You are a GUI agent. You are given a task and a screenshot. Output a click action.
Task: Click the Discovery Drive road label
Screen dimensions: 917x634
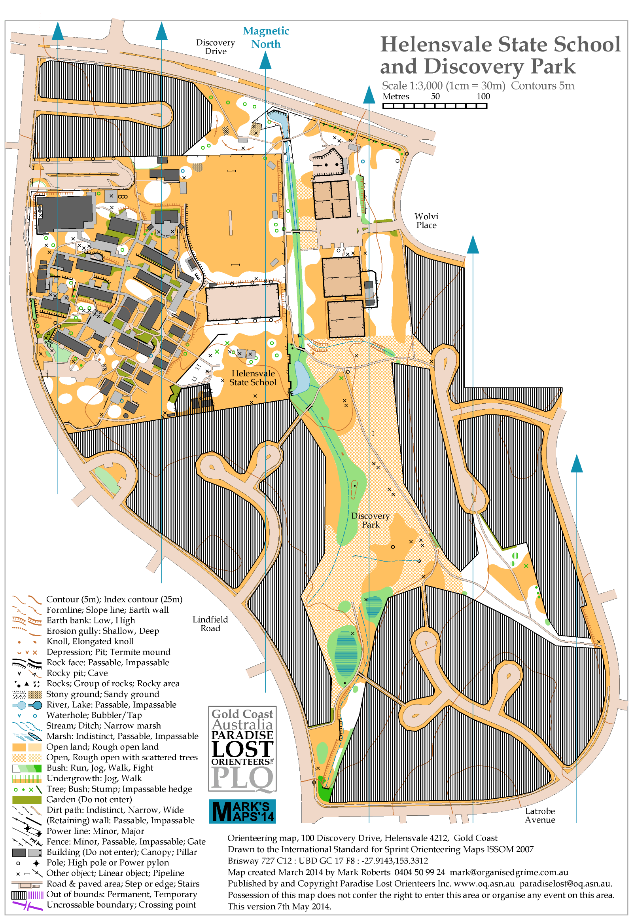click(x=215, y=47)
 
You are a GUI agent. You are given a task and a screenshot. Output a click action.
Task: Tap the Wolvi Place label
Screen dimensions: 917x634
click(x=426, y=220)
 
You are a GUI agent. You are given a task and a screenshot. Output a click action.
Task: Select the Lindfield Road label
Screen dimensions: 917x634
click(x=210, y=624)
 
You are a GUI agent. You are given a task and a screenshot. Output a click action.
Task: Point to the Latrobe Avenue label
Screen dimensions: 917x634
click(x=539, y=815)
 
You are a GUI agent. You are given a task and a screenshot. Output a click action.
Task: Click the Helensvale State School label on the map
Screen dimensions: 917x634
click(x=253, y=378)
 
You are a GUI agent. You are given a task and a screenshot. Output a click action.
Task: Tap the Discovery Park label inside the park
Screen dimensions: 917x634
click(x=370, y=520)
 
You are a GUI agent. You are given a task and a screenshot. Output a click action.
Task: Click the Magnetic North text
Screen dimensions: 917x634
click(x=266, y=37)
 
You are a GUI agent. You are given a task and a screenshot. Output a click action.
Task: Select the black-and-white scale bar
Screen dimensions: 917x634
click(x=435, y=106)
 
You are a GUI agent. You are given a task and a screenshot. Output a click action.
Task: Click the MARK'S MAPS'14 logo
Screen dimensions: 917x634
click(x=242, y=811)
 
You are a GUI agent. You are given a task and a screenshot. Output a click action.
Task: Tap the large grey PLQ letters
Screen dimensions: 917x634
click(x=242, y=777)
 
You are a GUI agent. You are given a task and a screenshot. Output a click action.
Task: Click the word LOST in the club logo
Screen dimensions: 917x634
click(x=242, y=749)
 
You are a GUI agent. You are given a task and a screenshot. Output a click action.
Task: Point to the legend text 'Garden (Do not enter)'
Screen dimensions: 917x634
click(x=89, y=799)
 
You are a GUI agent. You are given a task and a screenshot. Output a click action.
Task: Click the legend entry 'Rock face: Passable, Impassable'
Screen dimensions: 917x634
click(x=108, y=662)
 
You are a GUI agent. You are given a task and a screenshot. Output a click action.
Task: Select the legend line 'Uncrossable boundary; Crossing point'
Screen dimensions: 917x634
click(x=121, y=905)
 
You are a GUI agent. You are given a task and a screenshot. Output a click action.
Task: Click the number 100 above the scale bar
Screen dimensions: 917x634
click(x=483, y=96)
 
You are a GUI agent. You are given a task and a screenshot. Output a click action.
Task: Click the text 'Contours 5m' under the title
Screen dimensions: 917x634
click(x=542, y=85)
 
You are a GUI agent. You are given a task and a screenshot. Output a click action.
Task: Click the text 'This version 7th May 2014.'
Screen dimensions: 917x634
click(x=279, y=906)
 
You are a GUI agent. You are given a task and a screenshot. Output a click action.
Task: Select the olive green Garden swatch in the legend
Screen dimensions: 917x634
click(x=26, y=800)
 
